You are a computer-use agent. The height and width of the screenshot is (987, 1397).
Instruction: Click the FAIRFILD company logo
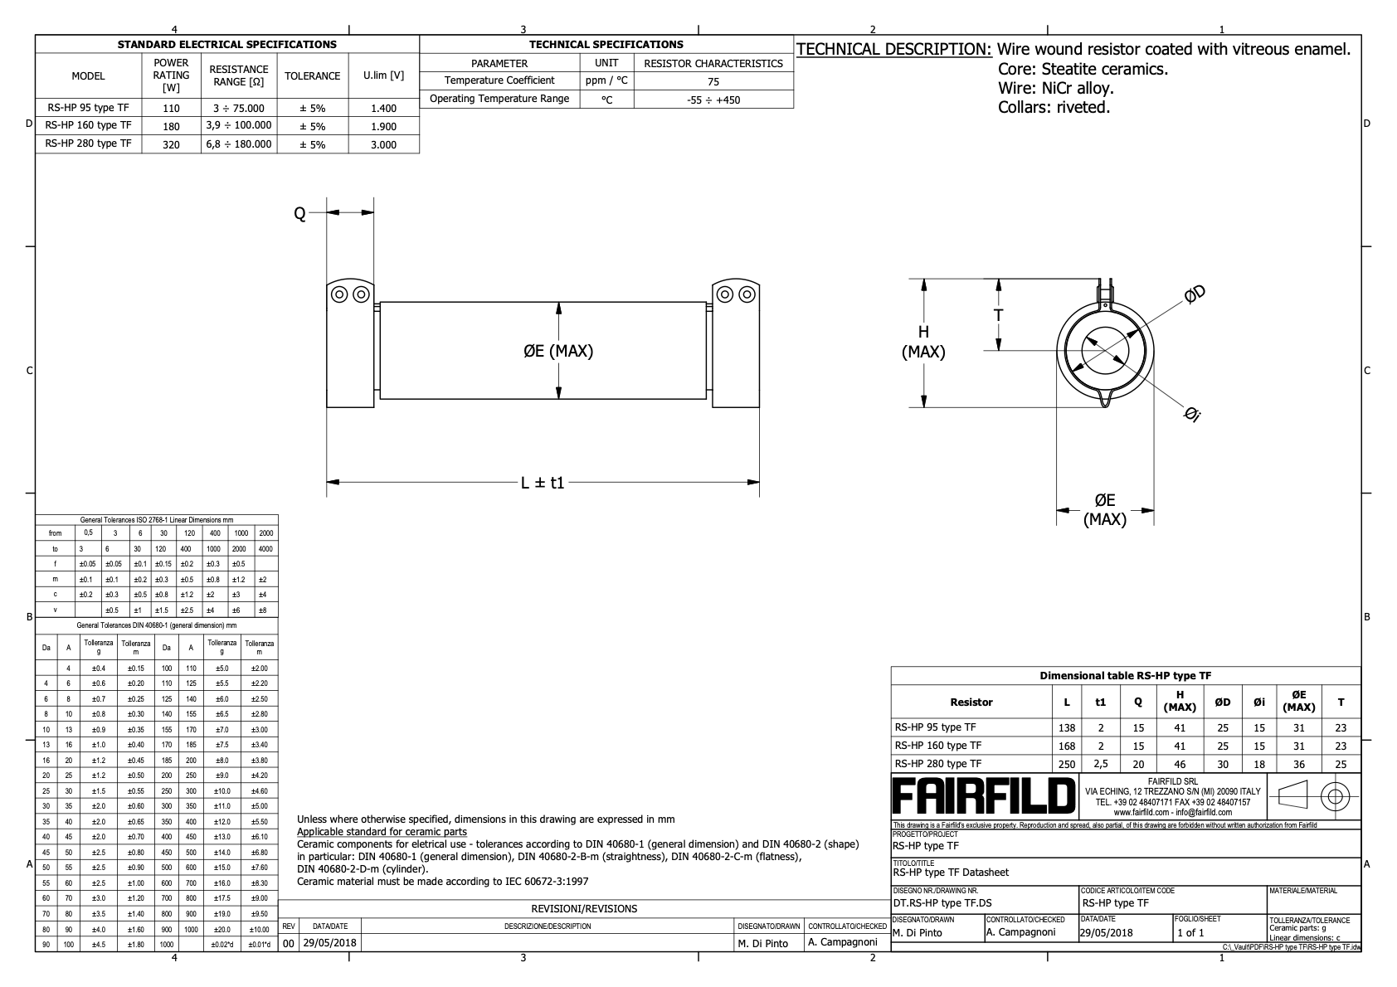coord(984,795)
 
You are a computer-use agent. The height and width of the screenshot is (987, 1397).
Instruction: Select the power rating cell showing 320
coord(171,144)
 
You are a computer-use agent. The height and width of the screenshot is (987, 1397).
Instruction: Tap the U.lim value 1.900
coord(383,127)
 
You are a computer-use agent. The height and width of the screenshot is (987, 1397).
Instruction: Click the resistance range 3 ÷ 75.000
coord(239,109)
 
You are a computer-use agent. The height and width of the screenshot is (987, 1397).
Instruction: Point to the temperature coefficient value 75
coord(713,81)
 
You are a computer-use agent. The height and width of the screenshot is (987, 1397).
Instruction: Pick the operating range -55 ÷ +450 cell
coord(713,100)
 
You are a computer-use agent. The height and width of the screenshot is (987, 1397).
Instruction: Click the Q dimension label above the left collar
coord(300,214)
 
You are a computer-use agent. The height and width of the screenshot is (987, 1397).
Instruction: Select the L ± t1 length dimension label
coord(543,483)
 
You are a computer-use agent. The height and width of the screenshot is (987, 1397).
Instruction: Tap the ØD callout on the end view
coord(1195,294)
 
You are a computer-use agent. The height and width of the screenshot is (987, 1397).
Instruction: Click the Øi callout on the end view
coord(1192,414)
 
